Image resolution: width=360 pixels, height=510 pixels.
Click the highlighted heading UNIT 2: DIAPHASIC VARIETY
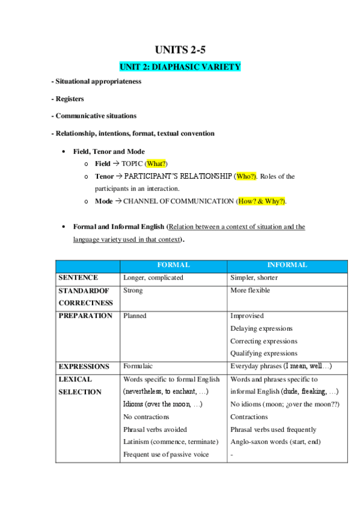point(180,67)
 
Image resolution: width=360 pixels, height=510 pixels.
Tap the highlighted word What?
point(156,164)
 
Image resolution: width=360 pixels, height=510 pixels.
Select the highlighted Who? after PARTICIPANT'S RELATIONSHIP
point(246,176)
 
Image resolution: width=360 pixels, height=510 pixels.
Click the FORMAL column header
point(173,265)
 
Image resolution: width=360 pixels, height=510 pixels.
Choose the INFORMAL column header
point(287,265)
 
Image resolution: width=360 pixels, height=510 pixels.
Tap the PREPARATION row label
point(85,316)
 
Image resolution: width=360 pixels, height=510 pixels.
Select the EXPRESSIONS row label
point(84,366)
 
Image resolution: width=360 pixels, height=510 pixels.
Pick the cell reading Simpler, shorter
point(254,278)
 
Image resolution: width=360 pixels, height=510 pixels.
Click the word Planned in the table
point(135,316)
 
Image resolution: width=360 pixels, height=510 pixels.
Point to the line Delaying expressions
point(261,328)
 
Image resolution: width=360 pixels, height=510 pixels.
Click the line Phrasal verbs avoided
point(154,429)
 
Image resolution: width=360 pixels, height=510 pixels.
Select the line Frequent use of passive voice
point(166,455)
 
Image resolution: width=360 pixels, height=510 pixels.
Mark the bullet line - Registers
point(67,99)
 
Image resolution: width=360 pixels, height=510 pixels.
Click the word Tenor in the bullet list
point(104,176)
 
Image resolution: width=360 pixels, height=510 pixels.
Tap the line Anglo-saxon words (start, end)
point(275,442)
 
